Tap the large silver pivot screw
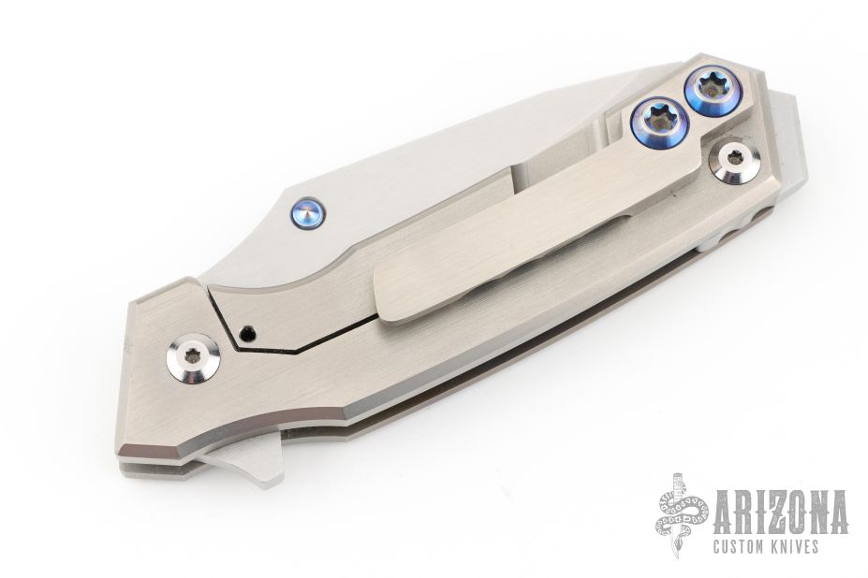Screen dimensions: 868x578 (193, 359)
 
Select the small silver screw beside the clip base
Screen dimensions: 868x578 (735, 161)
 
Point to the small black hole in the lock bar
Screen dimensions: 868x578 (247, 333)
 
